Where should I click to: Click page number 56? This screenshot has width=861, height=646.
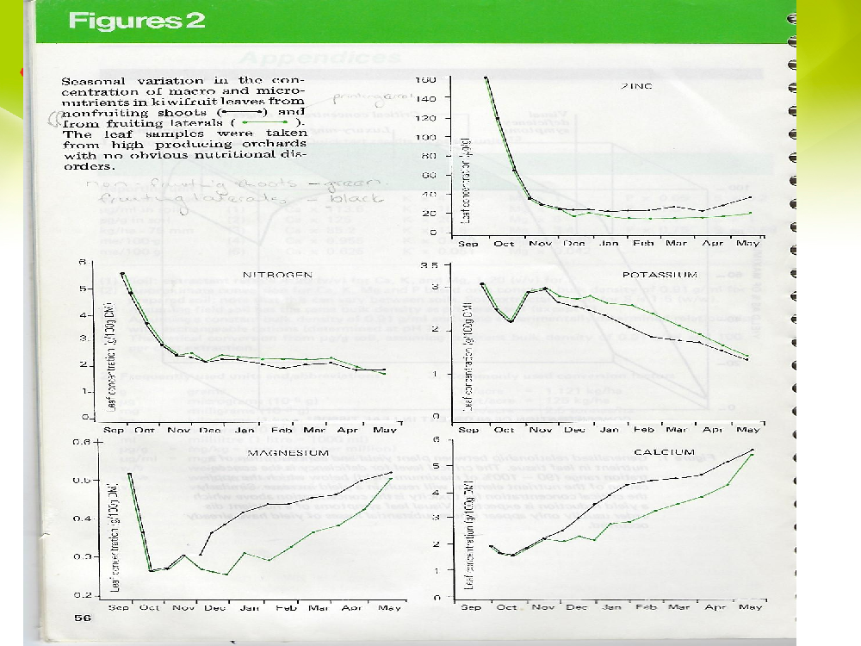[84, 618]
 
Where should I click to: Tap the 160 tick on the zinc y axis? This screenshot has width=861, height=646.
[426, 79]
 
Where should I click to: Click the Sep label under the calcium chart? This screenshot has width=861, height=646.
[470, 608]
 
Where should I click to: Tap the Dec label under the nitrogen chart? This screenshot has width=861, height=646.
[209, 429]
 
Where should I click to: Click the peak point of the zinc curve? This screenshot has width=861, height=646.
[486, 78]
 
